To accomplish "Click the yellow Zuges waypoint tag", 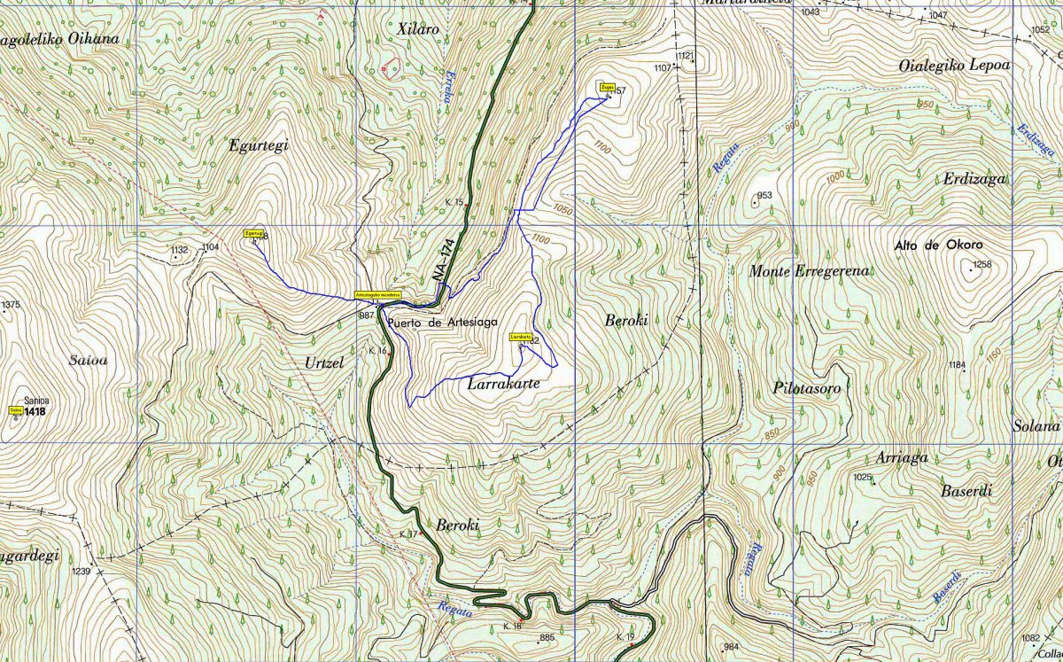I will tap(607, 88).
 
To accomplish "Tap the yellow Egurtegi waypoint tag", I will tap(252, 233).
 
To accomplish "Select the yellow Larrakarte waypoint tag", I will tap(521, 337).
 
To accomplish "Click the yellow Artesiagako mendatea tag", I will tap(378, 294).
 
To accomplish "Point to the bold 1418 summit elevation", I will tap(35, 412).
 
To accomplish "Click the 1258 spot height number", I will tap(982, 265).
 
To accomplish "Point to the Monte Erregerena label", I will tap(810, 271).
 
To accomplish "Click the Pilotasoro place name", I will tap(806, 388).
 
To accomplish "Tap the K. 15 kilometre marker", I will tap(454, 203).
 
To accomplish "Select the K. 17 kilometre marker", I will tap(407, 534).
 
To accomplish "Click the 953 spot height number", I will tap(764, 196).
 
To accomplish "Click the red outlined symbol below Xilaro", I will tap(390, 66).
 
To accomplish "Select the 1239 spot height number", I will tap(81, 572).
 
